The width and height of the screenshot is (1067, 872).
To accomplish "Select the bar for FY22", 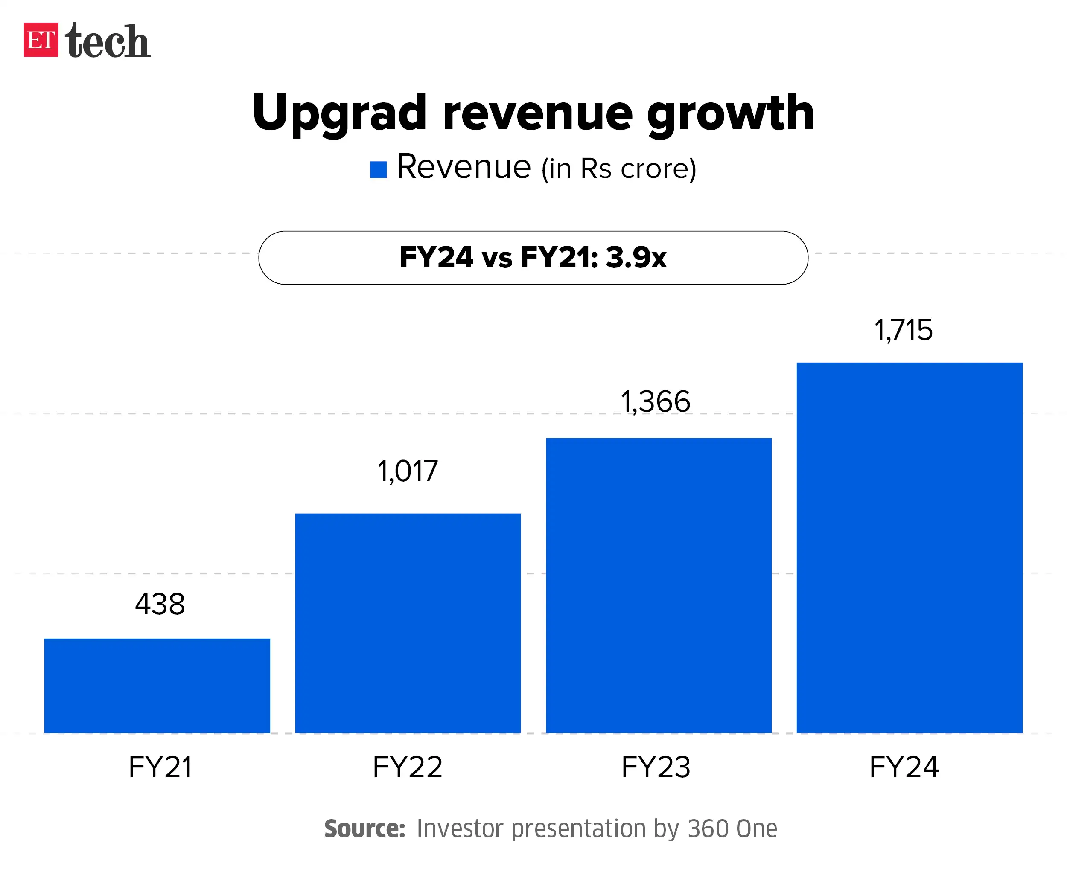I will pos(408,623).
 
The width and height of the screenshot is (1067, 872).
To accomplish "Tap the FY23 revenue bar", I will pos(659,585).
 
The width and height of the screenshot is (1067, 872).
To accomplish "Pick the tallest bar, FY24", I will pos(909,547).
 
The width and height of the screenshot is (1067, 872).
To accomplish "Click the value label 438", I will pos(160,604).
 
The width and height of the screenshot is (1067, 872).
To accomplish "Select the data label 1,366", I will pos(656,402).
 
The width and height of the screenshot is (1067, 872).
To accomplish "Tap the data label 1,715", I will pos(903,331).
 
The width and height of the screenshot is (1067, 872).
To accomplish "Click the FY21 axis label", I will pos(160,767).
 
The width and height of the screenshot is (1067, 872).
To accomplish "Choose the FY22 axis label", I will pos(407,767).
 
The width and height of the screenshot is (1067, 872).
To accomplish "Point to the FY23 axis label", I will pos(656,767).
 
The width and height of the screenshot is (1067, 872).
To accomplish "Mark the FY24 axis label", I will pos(904,767).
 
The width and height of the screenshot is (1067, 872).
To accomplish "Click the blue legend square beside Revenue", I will pos(378,170).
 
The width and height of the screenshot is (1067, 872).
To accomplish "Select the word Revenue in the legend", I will pos(464,167).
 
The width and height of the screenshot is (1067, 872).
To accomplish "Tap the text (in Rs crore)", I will pos(619,169).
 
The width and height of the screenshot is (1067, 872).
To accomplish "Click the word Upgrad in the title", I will pos(339,113).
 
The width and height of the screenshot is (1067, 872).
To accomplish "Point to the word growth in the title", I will pos(730,113).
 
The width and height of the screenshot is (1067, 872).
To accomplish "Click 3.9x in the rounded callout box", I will pos(636,258).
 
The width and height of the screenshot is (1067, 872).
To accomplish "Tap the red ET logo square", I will pos(41,40).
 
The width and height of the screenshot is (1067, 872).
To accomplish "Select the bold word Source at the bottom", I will pos(364,829).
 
